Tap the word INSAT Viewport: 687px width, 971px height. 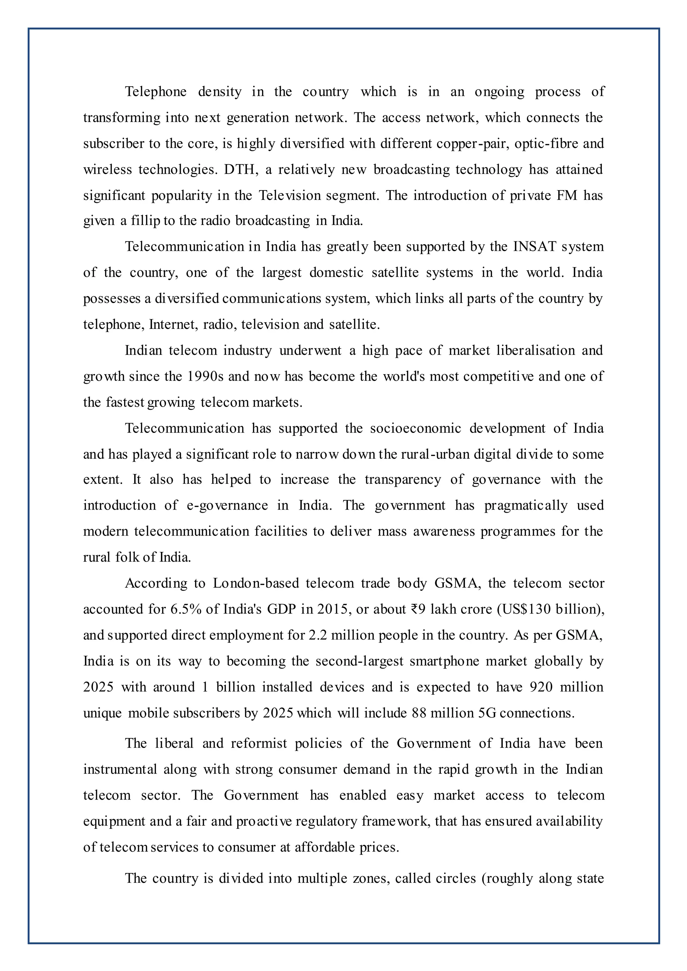(x=535, y=246)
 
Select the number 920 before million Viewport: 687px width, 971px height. (x=541, y=687)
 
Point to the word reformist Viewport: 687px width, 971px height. (x=259, y=743)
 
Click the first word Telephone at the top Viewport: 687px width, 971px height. (x=156, y=92)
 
